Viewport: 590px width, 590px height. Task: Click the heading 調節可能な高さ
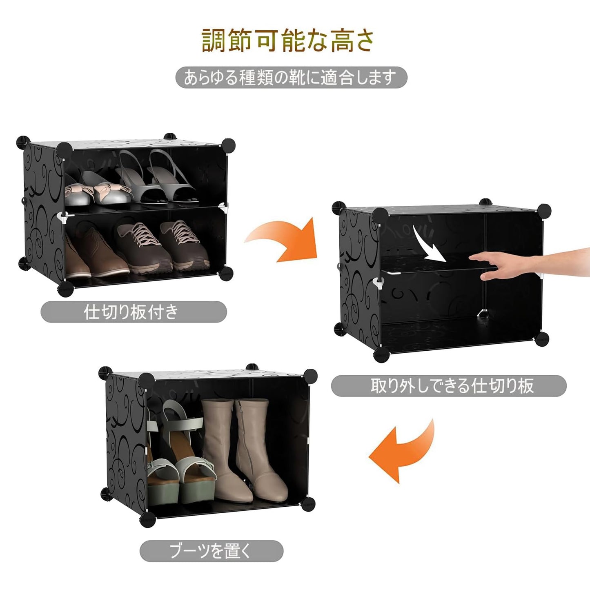(x=288, y=40)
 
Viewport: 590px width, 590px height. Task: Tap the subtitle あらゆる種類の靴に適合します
(x=291, y=78)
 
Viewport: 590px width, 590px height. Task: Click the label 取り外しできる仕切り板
(x=448, y=386)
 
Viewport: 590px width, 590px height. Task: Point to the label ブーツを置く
(x=211, y=551)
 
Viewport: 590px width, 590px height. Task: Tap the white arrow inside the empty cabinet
(x=429, y=245)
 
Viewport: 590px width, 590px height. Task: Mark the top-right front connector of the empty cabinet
(x=544, y=211)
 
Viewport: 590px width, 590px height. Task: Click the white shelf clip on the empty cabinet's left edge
(x=379, y=283)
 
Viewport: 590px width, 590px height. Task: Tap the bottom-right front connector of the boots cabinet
(x=309, y=503)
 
